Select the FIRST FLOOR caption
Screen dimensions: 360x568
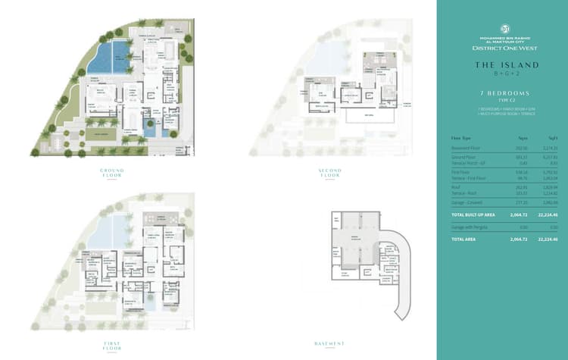pos(113,345)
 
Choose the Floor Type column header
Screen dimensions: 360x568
pos(461,138)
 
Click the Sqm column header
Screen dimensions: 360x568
pos(522,138)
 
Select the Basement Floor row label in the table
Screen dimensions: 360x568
pos(465,148)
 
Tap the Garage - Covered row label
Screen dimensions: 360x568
pos(467,203)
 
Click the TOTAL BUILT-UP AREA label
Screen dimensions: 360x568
pos(473,215)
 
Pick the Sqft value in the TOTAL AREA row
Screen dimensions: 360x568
pos(547,239)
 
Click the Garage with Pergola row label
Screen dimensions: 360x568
pos(468,227)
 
